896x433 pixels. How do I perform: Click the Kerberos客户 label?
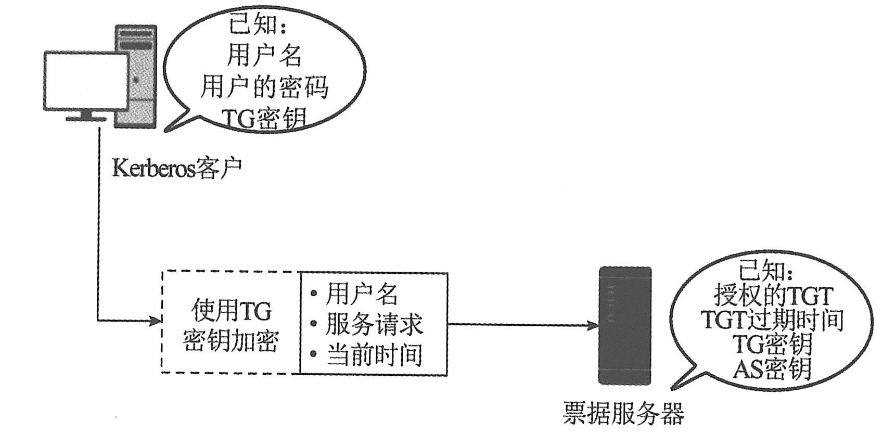[177, 168]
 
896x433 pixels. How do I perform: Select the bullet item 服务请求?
[374, 324]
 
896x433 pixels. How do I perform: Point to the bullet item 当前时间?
[374, 355]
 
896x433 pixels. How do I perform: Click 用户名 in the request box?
[362, 294]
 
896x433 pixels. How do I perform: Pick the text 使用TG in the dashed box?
[232, 311]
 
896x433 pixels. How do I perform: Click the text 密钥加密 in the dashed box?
[232, 341]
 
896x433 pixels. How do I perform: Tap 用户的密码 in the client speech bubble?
[264, 87]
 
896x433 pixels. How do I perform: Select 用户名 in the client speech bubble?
[264, 55]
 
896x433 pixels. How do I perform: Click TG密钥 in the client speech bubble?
[264, 119]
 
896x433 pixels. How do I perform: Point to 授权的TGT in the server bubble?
[773, 297]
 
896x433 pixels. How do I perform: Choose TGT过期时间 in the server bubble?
[772, 320]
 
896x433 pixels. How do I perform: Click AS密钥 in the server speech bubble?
[772, 368]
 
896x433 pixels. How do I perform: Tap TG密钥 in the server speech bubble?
[772, 344]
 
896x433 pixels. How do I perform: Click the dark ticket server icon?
[625, 326]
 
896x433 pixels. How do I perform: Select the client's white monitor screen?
[85, 81]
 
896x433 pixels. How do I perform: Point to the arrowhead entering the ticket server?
[594, 325]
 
